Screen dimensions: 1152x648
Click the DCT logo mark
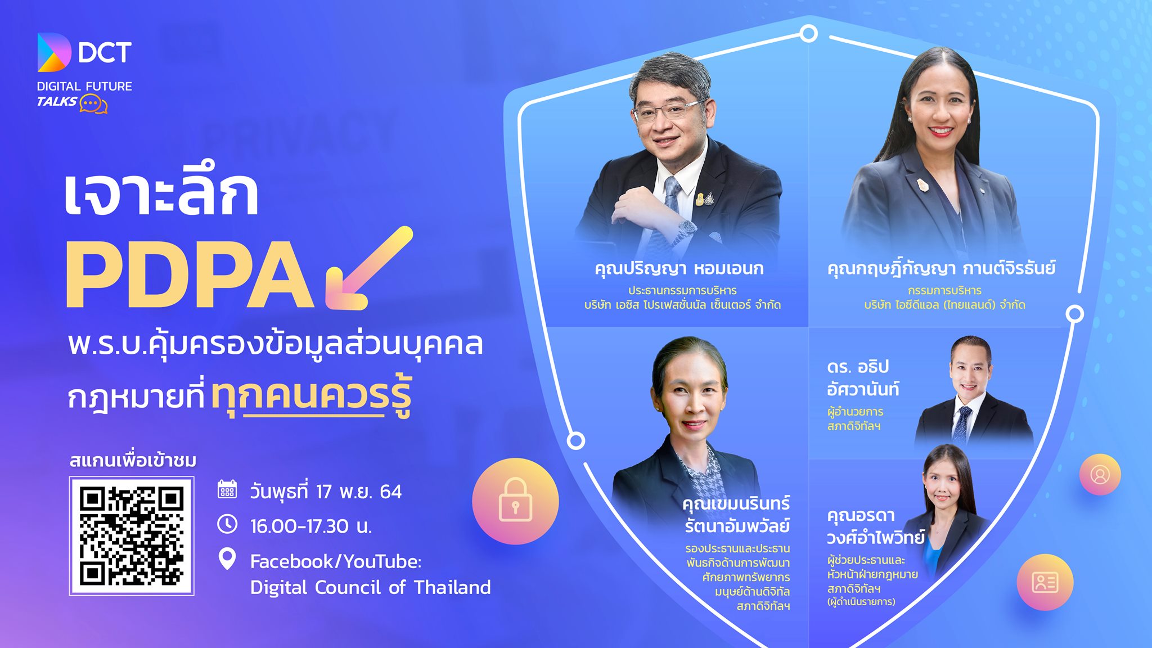(54, 52)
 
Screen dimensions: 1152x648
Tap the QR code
(132, 536)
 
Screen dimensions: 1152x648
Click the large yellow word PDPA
(190, 274)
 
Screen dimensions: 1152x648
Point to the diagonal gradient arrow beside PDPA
(369, 268)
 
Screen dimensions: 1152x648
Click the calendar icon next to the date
(227, 489)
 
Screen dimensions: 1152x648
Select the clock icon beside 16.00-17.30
(227, 524)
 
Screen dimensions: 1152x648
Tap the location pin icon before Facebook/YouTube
(227, 559)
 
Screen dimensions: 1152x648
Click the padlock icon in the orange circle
(515, 499)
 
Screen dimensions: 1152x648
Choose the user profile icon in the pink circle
(1100, 475)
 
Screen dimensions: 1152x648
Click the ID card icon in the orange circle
(1045, 582)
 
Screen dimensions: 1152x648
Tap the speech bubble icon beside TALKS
(93, 104)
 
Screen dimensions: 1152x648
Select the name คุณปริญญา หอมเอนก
(679, 268)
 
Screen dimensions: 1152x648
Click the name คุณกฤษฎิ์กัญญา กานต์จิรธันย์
(941, 267)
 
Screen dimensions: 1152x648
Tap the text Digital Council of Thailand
(370, 587)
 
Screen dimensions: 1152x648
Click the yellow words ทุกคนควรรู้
(312, 397)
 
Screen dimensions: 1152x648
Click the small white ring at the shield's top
(808, 34)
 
